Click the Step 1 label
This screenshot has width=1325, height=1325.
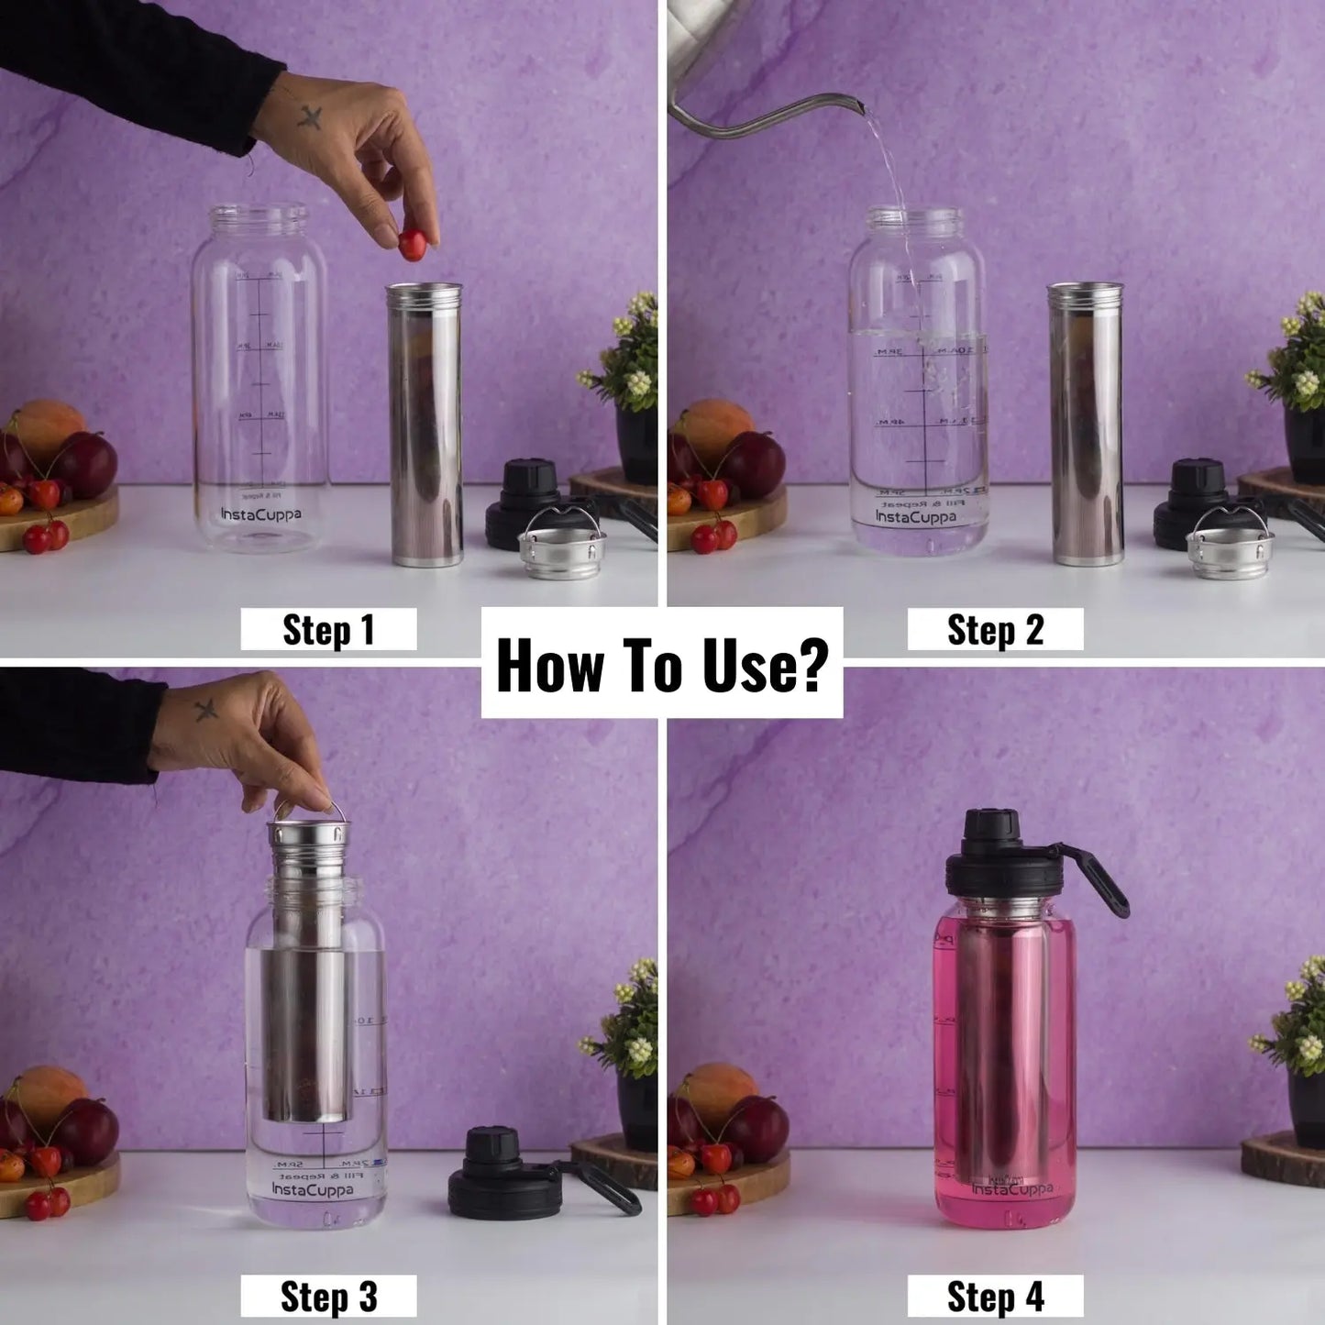coord(328,630)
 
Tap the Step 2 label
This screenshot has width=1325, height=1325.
coord(995,630)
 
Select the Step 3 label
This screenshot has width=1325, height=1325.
coord(328,1297)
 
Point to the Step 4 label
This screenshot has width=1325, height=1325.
coord(995,1297)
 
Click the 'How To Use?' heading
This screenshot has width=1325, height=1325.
coord(661,664)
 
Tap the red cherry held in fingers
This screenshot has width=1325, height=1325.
coord(412,244)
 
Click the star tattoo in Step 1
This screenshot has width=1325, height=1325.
coord(310,116)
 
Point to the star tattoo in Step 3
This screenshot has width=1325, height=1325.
coord(206,709)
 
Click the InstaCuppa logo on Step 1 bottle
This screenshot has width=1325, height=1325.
coord(260,514)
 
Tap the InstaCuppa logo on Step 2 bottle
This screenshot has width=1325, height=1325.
coord(915,517)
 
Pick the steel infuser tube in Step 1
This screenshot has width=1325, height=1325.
coord(425,425)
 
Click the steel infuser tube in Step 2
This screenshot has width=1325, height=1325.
coord(1087,425)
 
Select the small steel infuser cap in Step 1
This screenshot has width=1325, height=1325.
coord(562,549)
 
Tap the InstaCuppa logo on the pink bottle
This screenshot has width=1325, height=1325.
coord(1012,1188)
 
